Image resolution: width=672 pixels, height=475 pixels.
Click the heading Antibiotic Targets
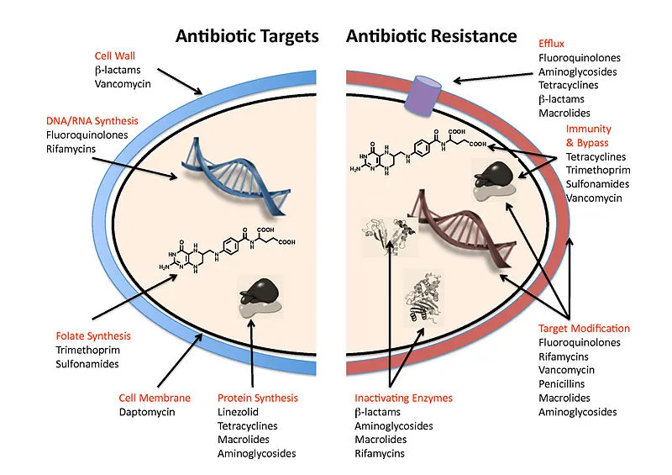coord(247,36)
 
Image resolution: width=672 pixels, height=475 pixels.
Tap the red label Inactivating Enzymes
coord(403,398)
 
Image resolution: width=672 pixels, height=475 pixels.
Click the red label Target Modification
coord(584,328)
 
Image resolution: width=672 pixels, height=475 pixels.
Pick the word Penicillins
coord(566,383)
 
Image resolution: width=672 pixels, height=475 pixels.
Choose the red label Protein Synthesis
coord(257,398)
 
